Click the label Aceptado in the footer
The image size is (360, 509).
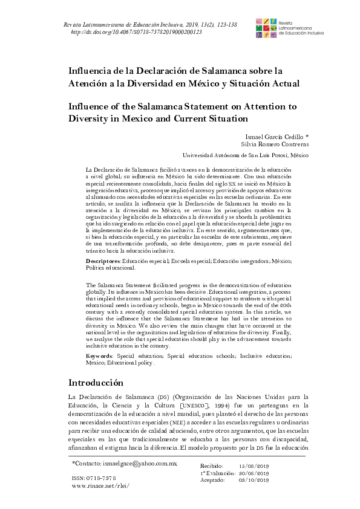(212, 480)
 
